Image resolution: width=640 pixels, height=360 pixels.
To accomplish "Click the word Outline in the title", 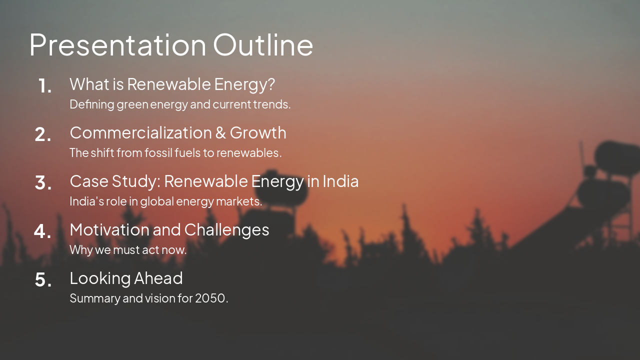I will click(263, 44).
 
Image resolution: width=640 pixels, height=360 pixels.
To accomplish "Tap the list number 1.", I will click(45, 86).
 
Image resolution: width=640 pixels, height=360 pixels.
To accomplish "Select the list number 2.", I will click(43, 134).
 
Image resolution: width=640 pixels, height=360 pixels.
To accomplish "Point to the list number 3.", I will click(43, 183).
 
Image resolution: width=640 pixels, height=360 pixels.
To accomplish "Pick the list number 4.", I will click(43, 231).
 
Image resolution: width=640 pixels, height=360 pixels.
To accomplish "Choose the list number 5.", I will click(43, 280).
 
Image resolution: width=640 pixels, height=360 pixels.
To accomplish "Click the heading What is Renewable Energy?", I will click(172, 84).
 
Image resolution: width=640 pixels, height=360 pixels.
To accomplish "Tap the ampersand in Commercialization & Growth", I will click(220, 133).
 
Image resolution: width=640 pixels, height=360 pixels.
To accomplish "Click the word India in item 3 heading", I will click(340, 181).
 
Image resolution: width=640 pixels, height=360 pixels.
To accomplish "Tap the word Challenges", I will click(226, 230).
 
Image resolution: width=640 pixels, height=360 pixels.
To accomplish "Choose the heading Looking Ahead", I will click(126, 278).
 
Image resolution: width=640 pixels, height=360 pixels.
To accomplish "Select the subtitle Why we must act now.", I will click(128, 250).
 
